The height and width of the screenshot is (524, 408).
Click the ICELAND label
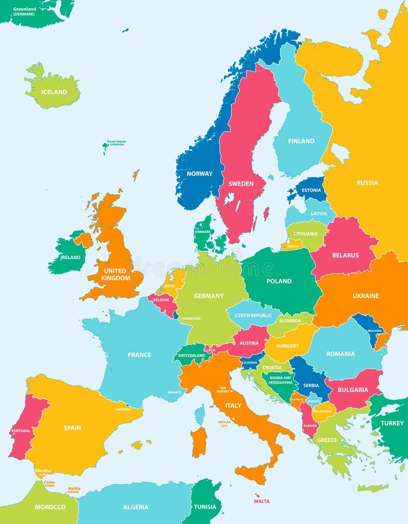54,92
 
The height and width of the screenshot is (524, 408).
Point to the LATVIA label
319,214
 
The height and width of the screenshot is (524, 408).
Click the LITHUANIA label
306,234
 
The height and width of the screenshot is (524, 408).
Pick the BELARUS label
345,255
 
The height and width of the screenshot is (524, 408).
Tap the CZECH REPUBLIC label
253,316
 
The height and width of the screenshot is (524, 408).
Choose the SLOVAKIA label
290,321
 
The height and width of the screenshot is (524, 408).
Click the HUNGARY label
288,345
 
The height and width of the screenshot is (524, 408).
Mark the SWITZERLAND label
192,355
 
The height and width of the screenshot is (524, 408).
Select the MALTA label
262,501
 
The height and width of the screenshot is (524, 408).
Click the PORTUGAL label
21,431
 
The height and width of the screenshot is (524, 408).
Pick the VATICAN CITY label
224,424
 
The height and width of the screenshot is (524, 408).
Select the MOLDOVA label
374,330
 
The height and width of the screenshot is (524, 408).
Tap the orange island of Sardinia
199,441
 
